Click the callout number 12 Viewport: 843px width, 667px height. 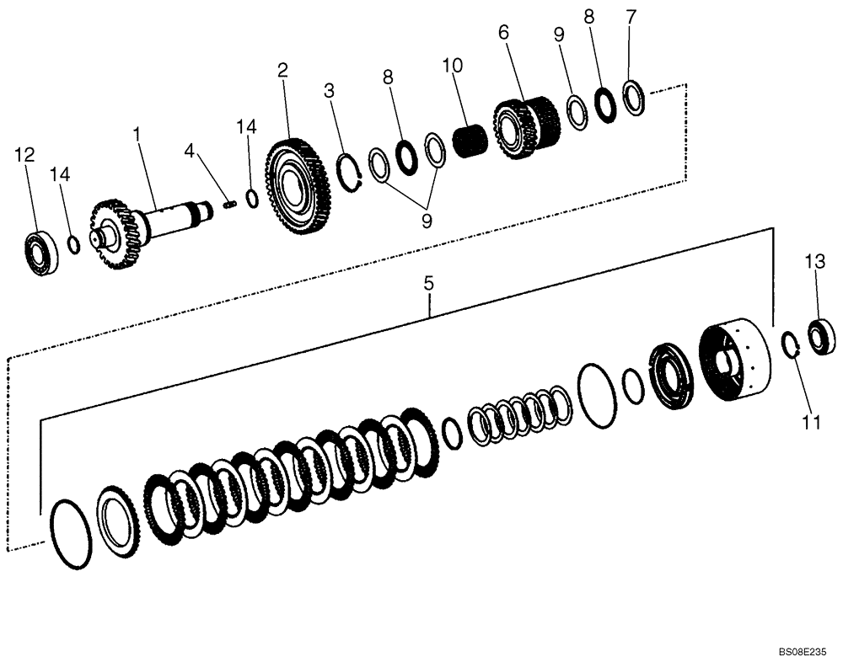click(x=24, y=154)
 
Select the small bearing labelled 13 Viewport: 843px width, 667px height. click(x=821, y=335)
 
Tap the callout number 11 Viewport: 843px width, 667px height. click(x=810, y=423)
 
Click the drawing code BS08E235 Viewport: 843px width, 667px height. click(x=802, y=652)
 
